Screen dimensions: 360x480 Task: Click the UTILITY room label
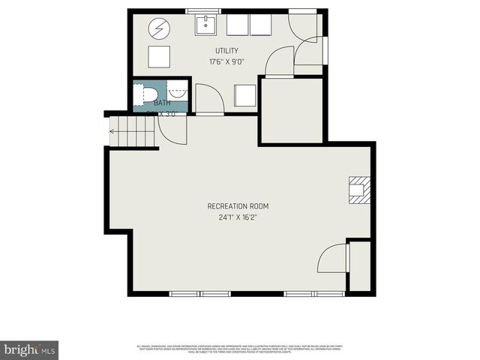coord(226,51)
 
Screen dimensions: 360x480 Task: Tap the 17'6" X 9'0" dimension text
coord(226,62)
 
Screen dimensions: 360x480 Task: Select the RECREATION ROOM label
coord(238,206)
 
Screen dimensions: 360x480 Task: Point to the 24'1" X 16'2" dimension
coord(238,218)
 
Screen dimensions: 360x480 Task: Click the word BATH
coord(162,103)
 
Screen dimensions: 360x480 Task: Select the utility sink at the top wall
coord(206,25)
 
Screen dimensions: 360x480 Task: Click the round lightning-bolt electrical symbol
coord(159,29)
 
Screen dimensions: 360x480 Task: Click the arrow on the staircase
coord(112,132)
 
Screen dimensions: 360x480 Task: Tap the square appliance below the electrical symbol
coord(159,57)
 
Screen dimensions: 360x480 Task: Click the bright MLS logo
coord(29,349)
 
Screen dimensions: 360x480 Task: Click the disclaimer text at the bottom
coord(240,348)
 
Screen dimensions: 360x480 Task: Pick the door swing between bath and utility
coord(208,98)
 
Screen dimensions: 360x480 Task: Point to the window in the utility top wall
coord(198,10)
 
